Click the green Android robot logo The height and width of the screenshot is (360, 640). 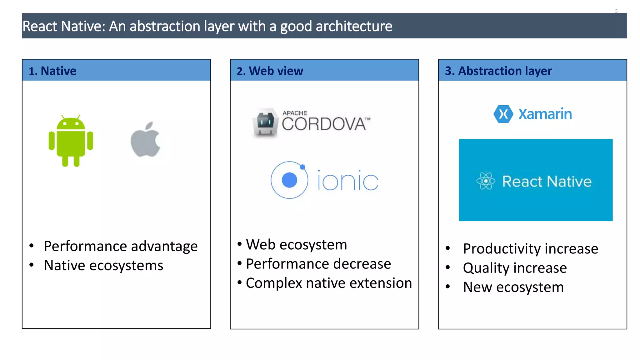coord(71,141)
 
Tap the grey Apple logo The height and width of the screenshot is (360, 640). coord(146,140)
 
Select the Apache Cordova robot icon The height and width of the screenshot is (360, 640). coord(265,122)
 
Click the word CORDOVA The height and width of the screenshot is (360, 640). coord(324,124)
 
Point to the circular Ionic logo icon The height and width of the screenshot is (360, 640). coord(289,180)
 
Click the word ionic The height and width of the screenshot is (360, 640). coord(348,181)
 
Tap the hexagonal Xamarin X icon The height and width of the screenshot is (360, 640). coord(503,114)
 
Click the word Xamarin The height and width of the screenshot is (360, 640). coord(545,114)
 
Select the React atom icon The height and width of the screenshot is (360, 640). coord(486,181)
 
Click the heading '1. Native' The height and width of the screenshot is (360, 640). coord(52,71)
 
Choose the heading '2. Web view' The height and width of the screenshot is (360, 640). coord(270,71)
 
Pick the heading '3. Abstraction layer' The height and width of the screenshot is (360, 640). coord(498,71)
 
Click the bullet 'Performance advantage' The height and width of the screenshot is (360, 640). coord(121,246)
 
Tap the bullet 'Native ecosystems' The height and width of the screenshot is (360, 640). coord(103,266)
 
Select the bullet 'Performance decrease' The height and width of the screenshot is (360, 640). coord(318,264)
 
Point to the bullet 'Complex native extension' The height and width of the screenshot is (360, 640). coord(329,283)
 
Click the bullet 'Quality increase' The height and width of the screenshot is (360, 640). coord(515,268)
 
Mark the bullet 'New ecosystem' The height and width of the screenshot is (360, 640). coord(513,287)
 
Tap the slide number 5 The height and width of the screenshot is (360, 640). coord(616,11)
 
